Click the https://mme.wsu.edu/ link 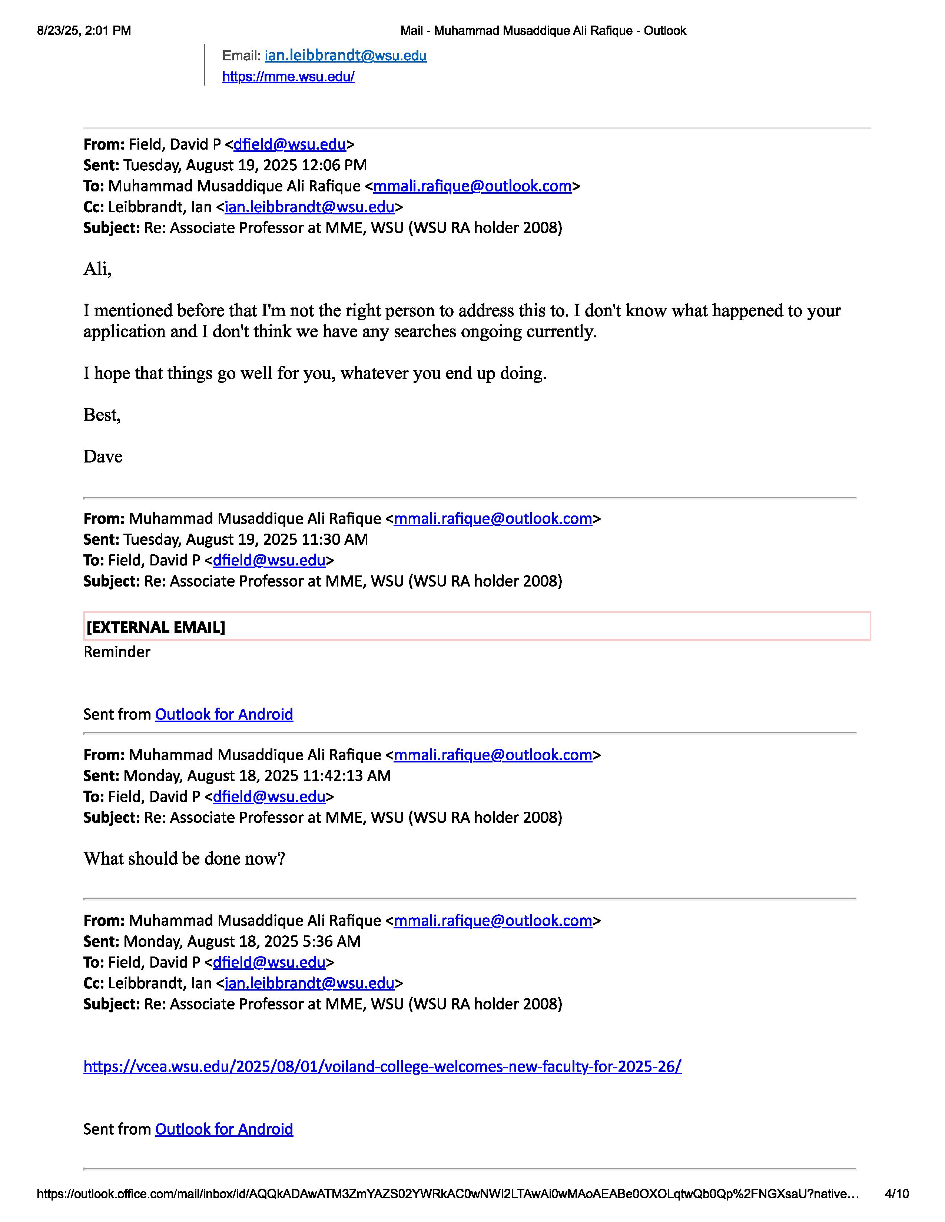tap(288, 77)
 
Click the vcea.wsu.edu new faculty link tap(382, 1066)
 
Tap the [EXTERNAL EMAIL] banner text tap(156, 627)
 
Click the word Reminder tap(117, 652)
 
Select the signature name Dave tap(103, 457)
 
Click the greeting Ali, tap(97, 269)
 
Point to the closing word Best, tap(102, 415)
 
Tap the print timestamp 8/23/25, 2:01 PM tap(84, 31)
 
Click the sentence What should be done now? tap(184, 858)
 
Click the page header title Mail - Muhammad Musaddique tap(543, 31)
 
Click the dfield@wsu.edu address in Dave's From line tap(289, 144)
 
